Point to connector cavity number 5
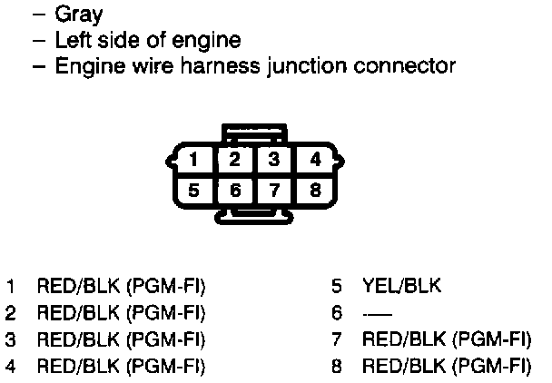[194, 191]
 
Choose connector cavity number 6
[234, 191]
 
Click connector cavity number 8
[314, 191]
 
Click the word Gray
[80, 15]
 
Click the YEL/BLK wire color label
[401, 287]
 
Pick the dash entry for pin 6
[371, 314]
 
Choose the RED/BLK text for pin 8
[400, 367]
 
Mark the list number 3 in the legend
[10, 340]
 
